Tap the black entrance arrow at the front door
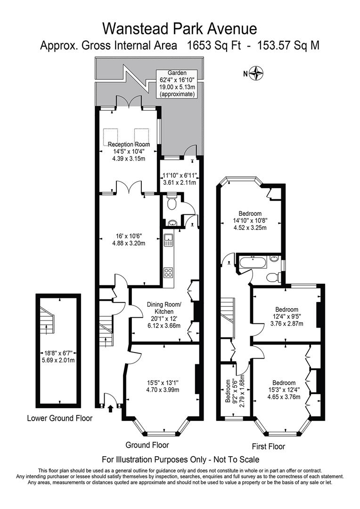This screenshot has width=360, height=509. click(x=111, y=408)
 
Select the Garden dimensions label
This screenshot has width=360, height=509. click(x=177, y=84)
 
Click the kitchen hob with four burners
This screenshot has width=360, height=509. click(x=168, y=272)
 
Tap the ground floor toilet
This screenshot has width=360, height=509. click(x=172, y=204)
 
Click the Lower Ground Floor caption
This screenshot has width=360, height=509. click(x=60, y=418)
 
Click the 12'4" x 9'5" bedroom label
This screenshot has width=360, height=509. click(x=286, y=317)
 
